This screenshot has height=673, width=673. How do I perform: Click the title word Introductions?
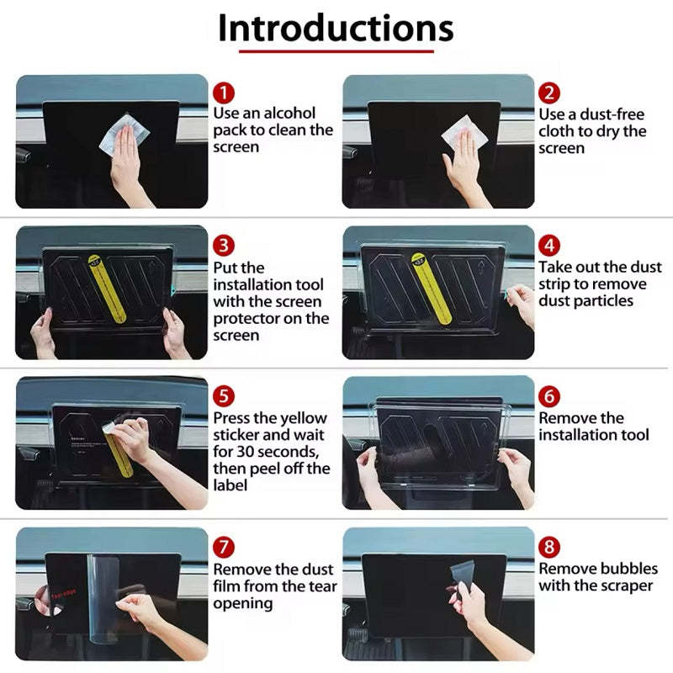(336, 29)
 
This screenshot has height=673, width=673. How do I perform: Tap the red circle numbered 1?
(224, 93)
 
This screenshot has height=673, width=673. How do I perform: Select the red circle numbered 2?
(549, 93)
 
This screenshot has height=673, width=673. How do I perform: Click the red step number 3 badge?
(224, 246)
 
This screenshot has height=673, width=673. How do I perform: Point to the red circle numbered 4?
(549, 246)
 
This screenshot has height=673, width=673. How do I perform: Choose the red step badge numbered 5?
(224, 396)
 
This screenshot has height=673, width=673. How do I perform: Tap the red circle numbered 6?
(549, 396)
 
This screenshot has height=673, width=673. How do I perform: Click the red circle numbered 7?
(224, 548)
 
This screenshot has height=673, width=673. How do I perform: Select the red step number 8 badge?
(549, 548)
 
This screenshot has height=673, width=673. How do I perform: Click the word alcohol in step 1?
(289, 113)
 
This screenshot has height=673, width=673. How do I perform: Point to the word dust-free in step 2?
(612, 114)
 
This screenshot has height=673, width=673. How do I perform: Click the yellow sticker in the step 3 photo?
(107, 289)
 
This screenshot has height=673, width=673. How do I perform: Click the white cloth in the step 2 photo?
(464, 133)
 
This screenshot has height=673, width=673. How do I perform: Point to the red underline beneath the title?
(336, 51)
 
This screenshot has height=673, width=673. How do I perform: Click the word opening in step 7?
(243, 604)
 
